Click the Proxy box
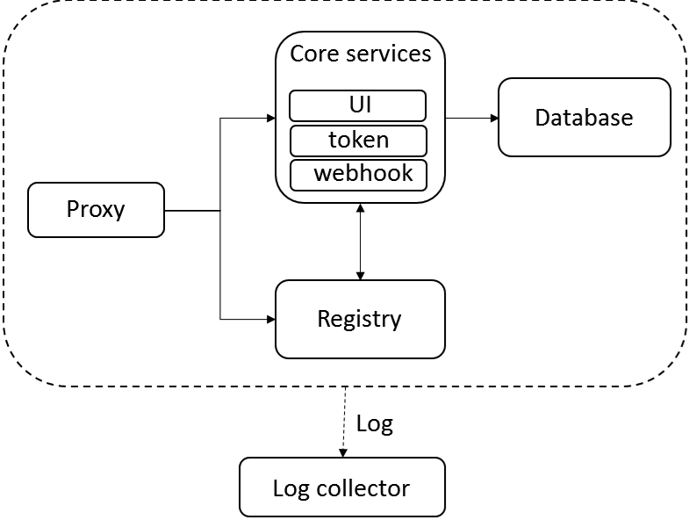(x=96, y=210)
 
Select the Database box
(x=585, y=118)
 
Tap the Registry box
(x=360, y=320)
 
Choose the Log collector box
(x=342, y=487)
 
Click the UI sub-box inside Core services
(x=358, y=105)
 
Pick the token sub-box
(x=358, y=141)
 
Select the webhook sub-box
(x=358, y=175)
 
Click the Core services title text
(x=361, y=54)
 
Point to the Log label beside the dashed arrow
(x=375, y=424)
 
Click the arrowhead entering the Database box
(x=494, y=118)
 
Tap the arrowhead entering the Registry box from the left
(x=271, y=320)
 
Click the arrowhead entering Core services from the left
(x=271, y=118)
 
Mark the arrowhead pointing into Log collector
(x=343, y=453)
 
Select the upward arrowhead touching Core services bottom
(x=361, y=207)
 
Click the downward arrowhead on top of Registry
(x=361, y=276)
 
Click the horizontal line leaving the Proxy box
(x=192, y=211)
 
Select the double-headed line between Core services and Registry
(x=361, y=242)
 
